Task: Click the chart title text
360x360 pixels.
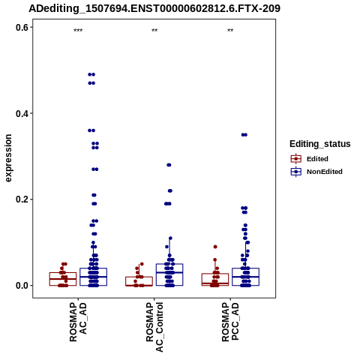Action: [154, 9]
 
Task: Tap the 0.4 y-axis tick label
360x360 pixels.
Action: [22, 114]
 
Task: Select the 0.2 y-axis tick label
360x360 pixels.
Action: [22, 199]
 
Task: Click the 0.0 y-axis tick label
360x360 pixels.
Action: [22, 286]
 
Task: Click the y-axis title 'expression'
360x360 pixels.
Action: [8, 158]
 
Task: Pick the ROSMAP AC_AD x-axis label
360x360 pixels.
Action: [78, 322]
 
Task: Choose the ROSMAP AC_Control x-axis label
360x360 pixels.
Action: [154, 327]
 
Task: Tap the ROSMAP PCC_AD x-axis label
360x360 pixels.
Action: [230, 322]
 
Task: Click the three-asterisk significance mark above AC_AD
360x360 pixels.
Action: [78, 31]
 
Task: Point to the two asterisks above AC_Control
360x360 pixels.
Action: [154, 31]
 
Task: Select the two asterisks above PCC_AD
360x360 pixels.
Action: [230, 31]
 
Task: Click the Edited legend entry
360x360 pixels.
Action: [310, 159]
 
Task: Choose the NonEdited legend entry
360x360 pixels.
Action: [316, 172]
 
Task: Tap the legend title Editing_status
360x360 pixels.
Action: [320, 144]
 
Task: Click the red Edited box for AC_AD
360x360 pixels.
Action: [63, 279]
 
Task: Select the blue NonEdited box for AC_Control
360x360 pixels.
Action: [169, 274]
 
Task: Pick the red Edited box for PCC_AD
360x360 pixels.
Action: [215, 280]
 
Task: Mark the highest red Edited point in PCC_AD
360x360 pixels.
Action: [215, 247]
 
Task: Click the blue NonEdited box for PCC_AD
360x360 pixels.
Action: [245, 277]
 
